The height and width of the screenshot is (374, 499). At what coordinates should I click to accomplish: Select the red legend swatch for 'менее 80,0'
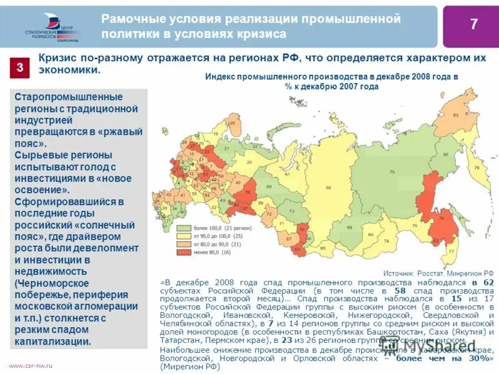(184, 252)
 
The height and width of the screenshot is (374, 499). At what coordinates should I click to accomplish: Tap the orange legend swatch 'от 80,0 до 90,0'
(184, 245)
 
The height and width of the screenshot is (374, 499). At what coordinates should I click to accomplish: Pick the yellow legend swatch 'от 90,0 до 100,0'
(184, 237)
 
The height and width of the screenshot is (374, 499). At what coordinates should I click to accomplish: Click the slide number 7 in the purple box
(473, 25)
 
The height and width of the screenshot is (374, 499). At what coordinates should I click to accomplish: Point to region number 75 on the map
(392, 171)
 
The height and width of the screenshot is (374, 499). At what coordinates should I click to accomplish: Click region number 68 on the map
(327, 188)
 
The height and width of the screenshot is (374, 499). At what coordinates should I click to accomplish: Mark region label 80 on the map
(445, 156)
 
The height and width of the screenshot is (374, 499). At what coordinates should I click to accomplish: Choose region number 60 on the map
(268, 186)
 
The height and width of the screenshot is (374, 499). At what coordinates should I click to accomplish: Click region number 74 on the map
(387, 241)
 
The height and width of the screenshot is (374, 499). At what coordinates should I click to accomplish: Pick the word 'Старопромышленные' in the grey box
(69, 97)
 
